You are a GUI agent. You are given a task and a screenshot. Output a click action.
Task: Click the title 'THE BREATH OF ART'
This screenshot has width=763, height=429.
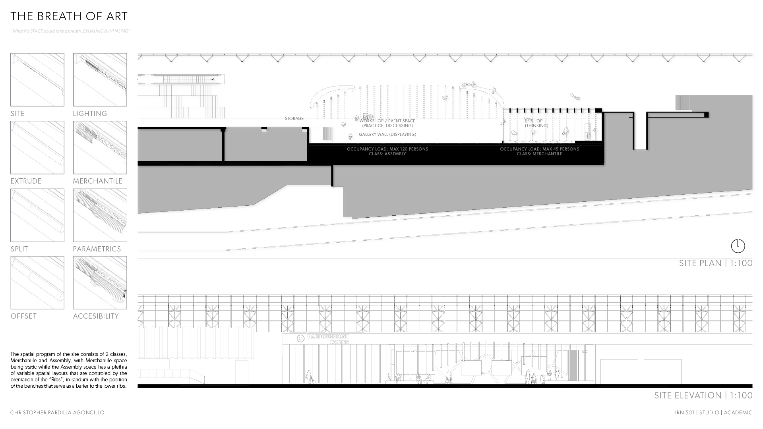(69, 16)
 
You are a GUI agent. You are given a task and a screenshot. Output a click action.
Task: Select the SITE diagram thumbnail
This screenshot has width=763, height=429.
(37, 80)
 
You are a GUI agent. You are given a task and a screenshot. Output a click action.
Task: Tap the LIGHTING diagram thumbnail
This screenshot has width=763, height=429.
(100, 80)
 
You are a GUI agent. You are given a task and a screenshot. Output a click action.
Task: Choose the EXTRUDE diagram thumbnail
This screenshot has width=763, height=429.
(37, 147)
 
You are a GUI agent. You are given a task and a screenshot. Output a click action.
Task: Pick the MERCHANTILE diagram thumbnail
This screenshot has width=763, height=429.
(100, 147)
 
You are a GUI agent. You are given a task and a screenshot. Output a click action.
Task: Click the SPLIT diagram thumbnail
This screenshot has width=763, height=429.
(37, 215)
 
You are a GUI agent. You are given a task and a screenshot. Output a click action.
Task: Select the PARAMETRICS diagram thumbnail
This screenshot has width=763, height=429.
(100, 215)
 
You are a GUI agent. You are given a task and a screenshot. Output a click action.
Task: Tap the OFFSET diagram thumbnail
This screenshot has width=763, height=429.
(37, 282)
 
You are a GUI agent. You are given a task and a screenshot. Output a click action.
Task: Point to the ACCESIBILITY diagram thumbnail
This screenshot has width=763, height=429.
(100, 282)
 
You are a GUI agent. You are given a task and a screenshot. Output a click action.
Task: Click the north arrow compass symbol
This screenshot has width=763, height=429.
(738, 246)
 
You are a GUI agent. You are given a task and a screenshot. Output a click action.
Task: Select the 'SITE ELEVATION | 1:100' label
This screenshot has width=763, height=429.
(703, 395)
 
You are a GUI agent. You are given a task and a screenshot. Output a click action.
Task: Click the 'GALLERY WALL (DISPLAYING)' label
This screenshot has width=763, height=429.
(387, 134)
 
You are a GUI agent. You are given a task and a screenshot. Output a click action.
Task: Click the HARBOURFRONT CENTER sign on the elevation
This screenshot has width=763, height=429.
(328, 339)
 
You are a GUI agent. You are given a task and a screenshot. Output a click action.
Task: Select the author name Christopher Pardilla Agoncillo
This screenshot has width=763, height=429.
(57, 413)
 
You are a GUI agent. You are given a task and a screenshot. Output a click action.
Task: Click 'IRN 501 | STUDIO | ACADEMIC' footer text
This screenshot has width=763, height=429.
(713, 413)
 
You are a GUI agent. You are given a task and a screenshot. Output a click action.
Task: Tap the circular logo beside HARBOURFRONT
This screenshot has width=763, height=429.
(301, 338)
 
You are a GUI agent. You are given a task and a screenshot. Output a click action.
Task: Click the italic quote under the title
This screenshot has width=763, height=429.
(70, 31)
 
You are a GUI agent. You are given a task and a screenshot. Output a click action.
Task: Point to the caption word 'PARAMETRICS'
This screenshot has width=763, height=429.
(97, 249)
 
